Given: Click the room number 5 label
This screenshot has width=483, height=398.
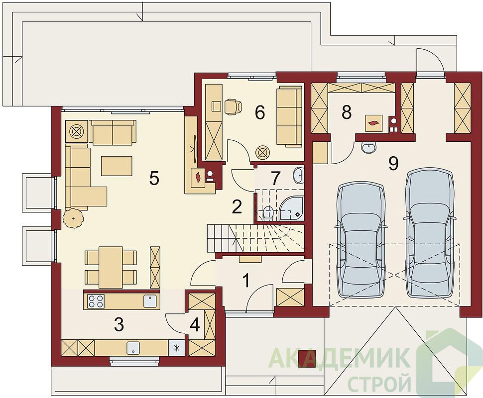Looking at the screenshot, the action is (x=154, y=178).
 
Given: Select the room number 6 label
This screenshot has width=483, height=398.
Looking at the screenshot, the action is (x=259, y=112).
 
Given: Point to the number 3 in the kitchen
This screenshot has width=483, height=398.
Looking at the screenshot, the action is (x=119, y=324).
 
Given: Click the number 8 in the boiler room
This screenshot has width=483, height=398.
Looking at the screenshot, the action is (x=347, y=112).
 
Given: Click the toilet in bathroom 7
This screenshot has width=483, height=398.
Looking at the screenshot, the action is (x=267, y=213).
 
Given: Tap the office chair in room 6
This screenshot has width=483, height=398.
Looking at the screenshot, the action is (x=233, y=106).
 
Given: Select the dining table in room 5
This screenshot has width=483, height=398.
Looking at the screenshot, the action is (x=110, y=267).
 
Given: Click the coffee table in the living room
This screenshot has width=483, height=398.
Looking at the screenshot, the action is (x=117, y=166).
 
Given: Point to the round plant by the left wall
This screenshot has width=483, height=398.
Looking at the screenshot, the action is (x=73, y=218).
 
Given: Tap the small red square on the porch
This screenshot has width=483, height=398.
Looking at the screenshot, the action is (x=307, y=359).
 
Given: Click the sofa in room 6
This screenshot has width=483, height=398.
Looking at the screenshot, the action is (x=289, y=116).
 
